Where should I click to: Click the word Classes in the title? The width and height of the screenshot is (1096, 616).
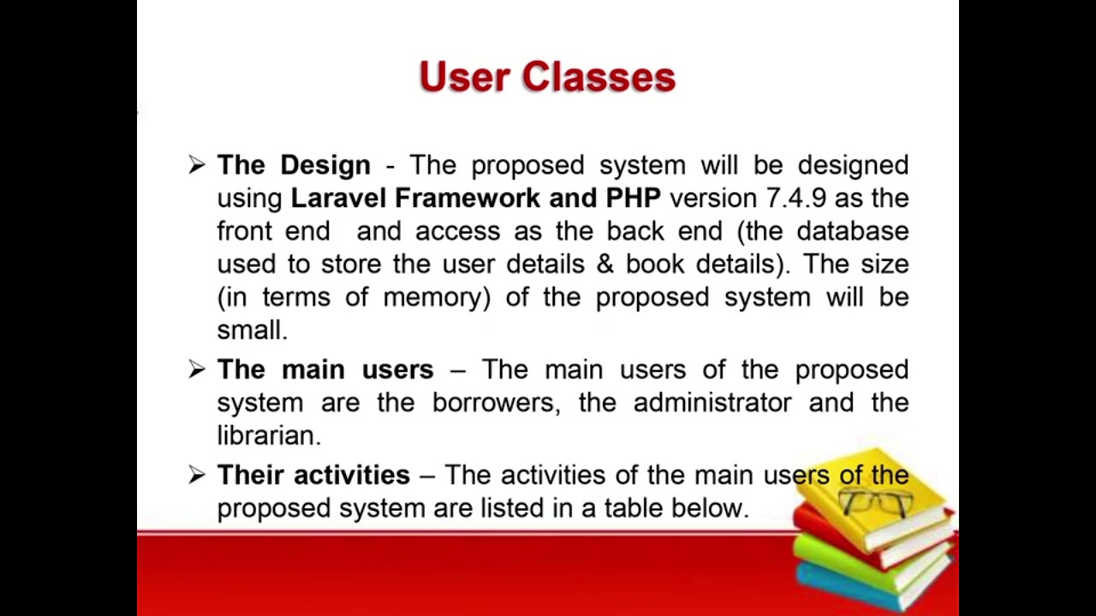pyautogui.click(x=599, y=77)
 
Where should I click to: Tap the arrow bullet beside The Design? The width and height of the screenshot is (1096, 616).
pyautogui.click(x=197, y=165)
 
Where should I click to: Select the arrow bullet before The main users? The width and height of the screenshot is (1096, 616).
pyautogui.click(x=197, y=370)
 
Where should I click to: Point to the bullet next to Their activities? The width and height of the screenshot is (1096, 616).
pyautogui.click(x=197, y=475)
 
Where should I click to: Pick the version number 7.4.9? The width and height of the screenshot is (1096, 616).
pyautogui.click(x=795, y=198)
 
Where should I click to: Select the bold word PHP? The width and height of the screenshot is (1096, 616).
pyautogui.click(x=632, y=198)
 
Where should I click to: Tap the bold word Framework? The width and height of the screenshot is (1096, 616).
pyautogui.click(x=467, y=198)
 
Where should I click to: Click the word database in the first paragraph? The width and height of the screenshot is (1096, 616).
pyautogui.click(x=852, y=232)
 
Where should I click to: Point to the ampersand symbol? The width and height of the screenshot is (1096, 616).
pyautogui.click(x=605, y=264)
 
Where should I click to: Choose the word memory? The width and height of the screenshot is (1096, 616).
pyautogui.click(x=436, y=298)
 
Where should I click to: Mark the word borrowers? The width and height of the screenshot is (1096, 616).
pyautogui.click(x=494, y=403)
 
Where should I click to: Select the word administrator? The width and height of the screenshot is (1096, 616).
pyautogui.click(x=712, y=403)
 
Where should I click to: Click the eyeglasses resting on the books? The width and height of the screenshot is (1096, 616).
pyautogui.click(x=875, y=501)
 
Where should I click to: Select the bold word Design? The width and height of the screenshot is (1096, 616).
pyautogui.click(x=325, y=165)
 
